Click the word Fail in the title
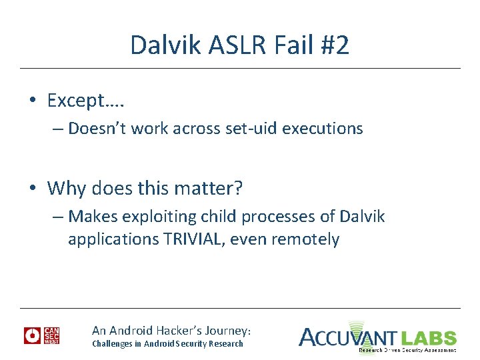click(x=287, y=45)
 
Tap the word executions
click(x=323, y=128)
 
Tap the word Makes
click(x=89, y=217)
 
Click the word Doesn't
click(x=97, y=128)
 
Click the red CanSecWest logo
click(x=42, y=335)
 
